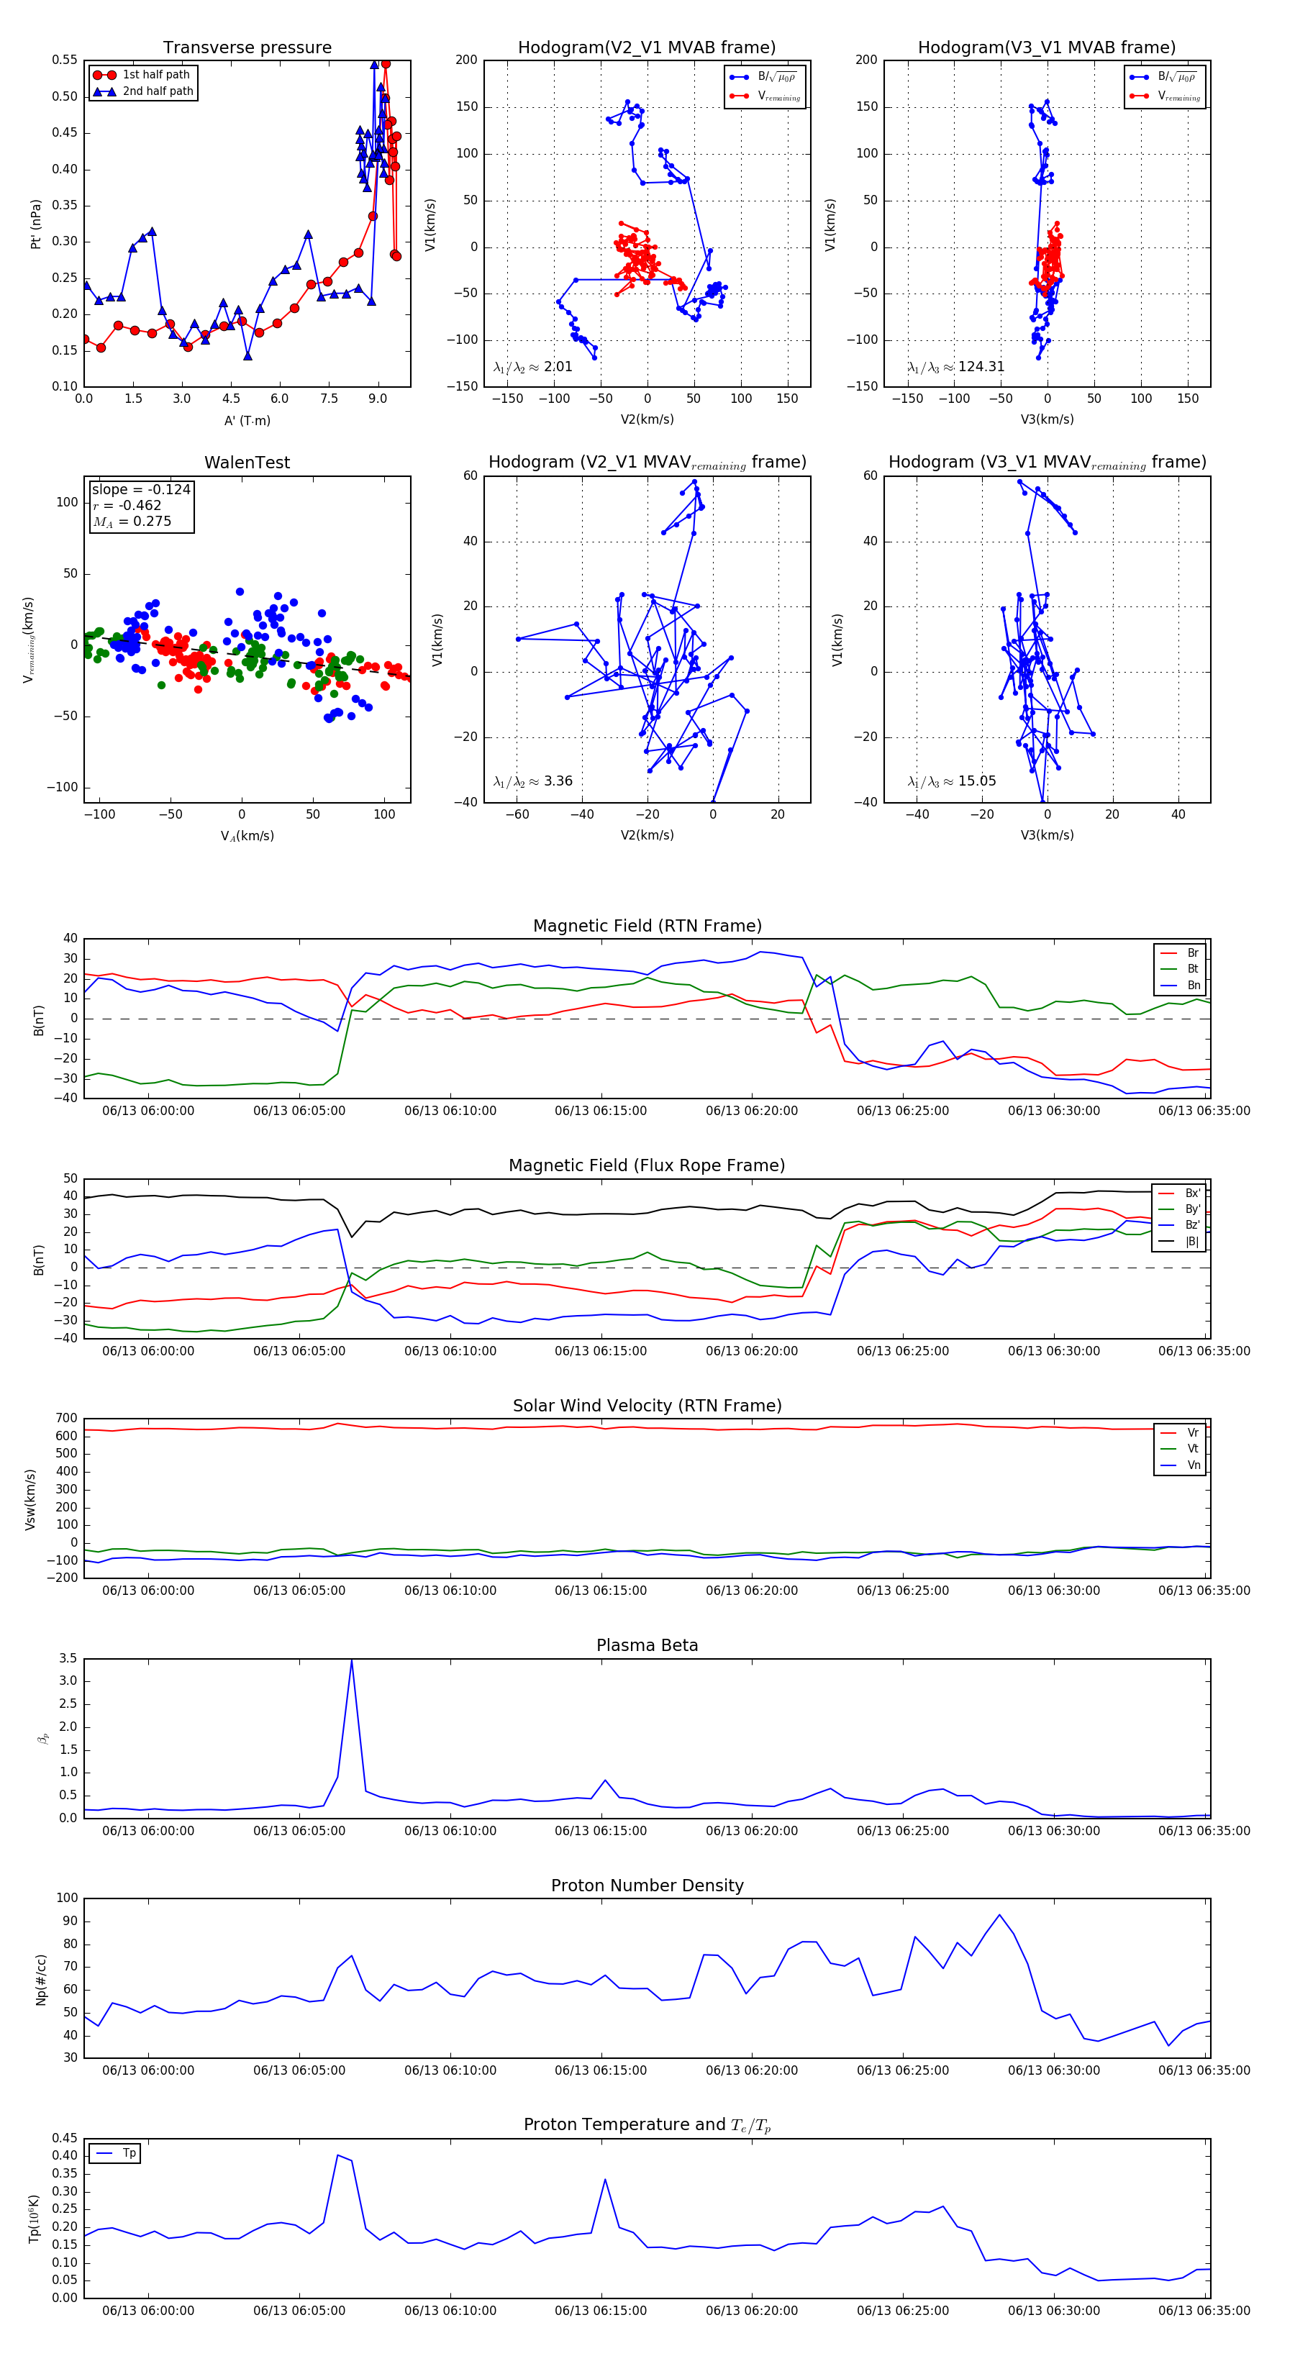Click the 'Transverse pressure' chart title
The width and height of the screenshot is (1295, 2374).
tap(247, 48)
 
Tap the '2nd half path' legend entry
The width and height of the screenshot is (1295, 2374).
tap(158, 91)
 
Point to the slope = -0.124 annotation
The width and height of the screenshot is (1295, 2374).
tap(141, 489)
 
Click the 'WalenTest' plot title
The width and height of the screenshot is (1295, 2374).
tap(247, 463)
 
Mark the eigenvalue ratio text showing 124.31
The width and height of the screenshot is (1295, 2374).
tap(956, 367)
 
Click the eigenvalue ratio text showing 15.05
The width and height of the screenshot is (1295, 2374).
tap(951, 781)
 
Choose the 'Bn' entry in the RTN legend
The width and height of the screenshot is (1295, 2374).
tap(1193, 985)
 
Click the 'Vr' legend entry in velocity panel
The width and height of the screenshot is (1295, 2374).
tap(1193, 1433)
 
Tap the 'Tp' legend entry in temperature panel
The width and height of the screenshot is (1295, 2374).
tap(129, 2153)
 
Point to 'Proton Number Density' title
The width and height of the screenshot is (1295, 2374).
tap(647, 1886)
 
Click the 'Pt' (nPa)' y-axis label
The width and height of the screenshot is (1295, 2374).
tap(36, 224)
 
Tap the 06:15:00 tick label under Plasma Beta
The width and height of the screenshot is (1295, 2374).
tap(601, 1831)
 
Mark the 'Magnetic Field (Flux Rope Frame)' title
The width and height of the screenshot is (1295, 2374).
tap(647, 1166)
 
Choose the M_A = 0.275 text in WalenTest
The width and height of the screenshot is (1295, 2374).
tap(132, 522)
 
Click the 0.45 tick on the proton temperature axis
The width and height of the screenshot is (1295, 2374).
tap(65, 2138)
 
